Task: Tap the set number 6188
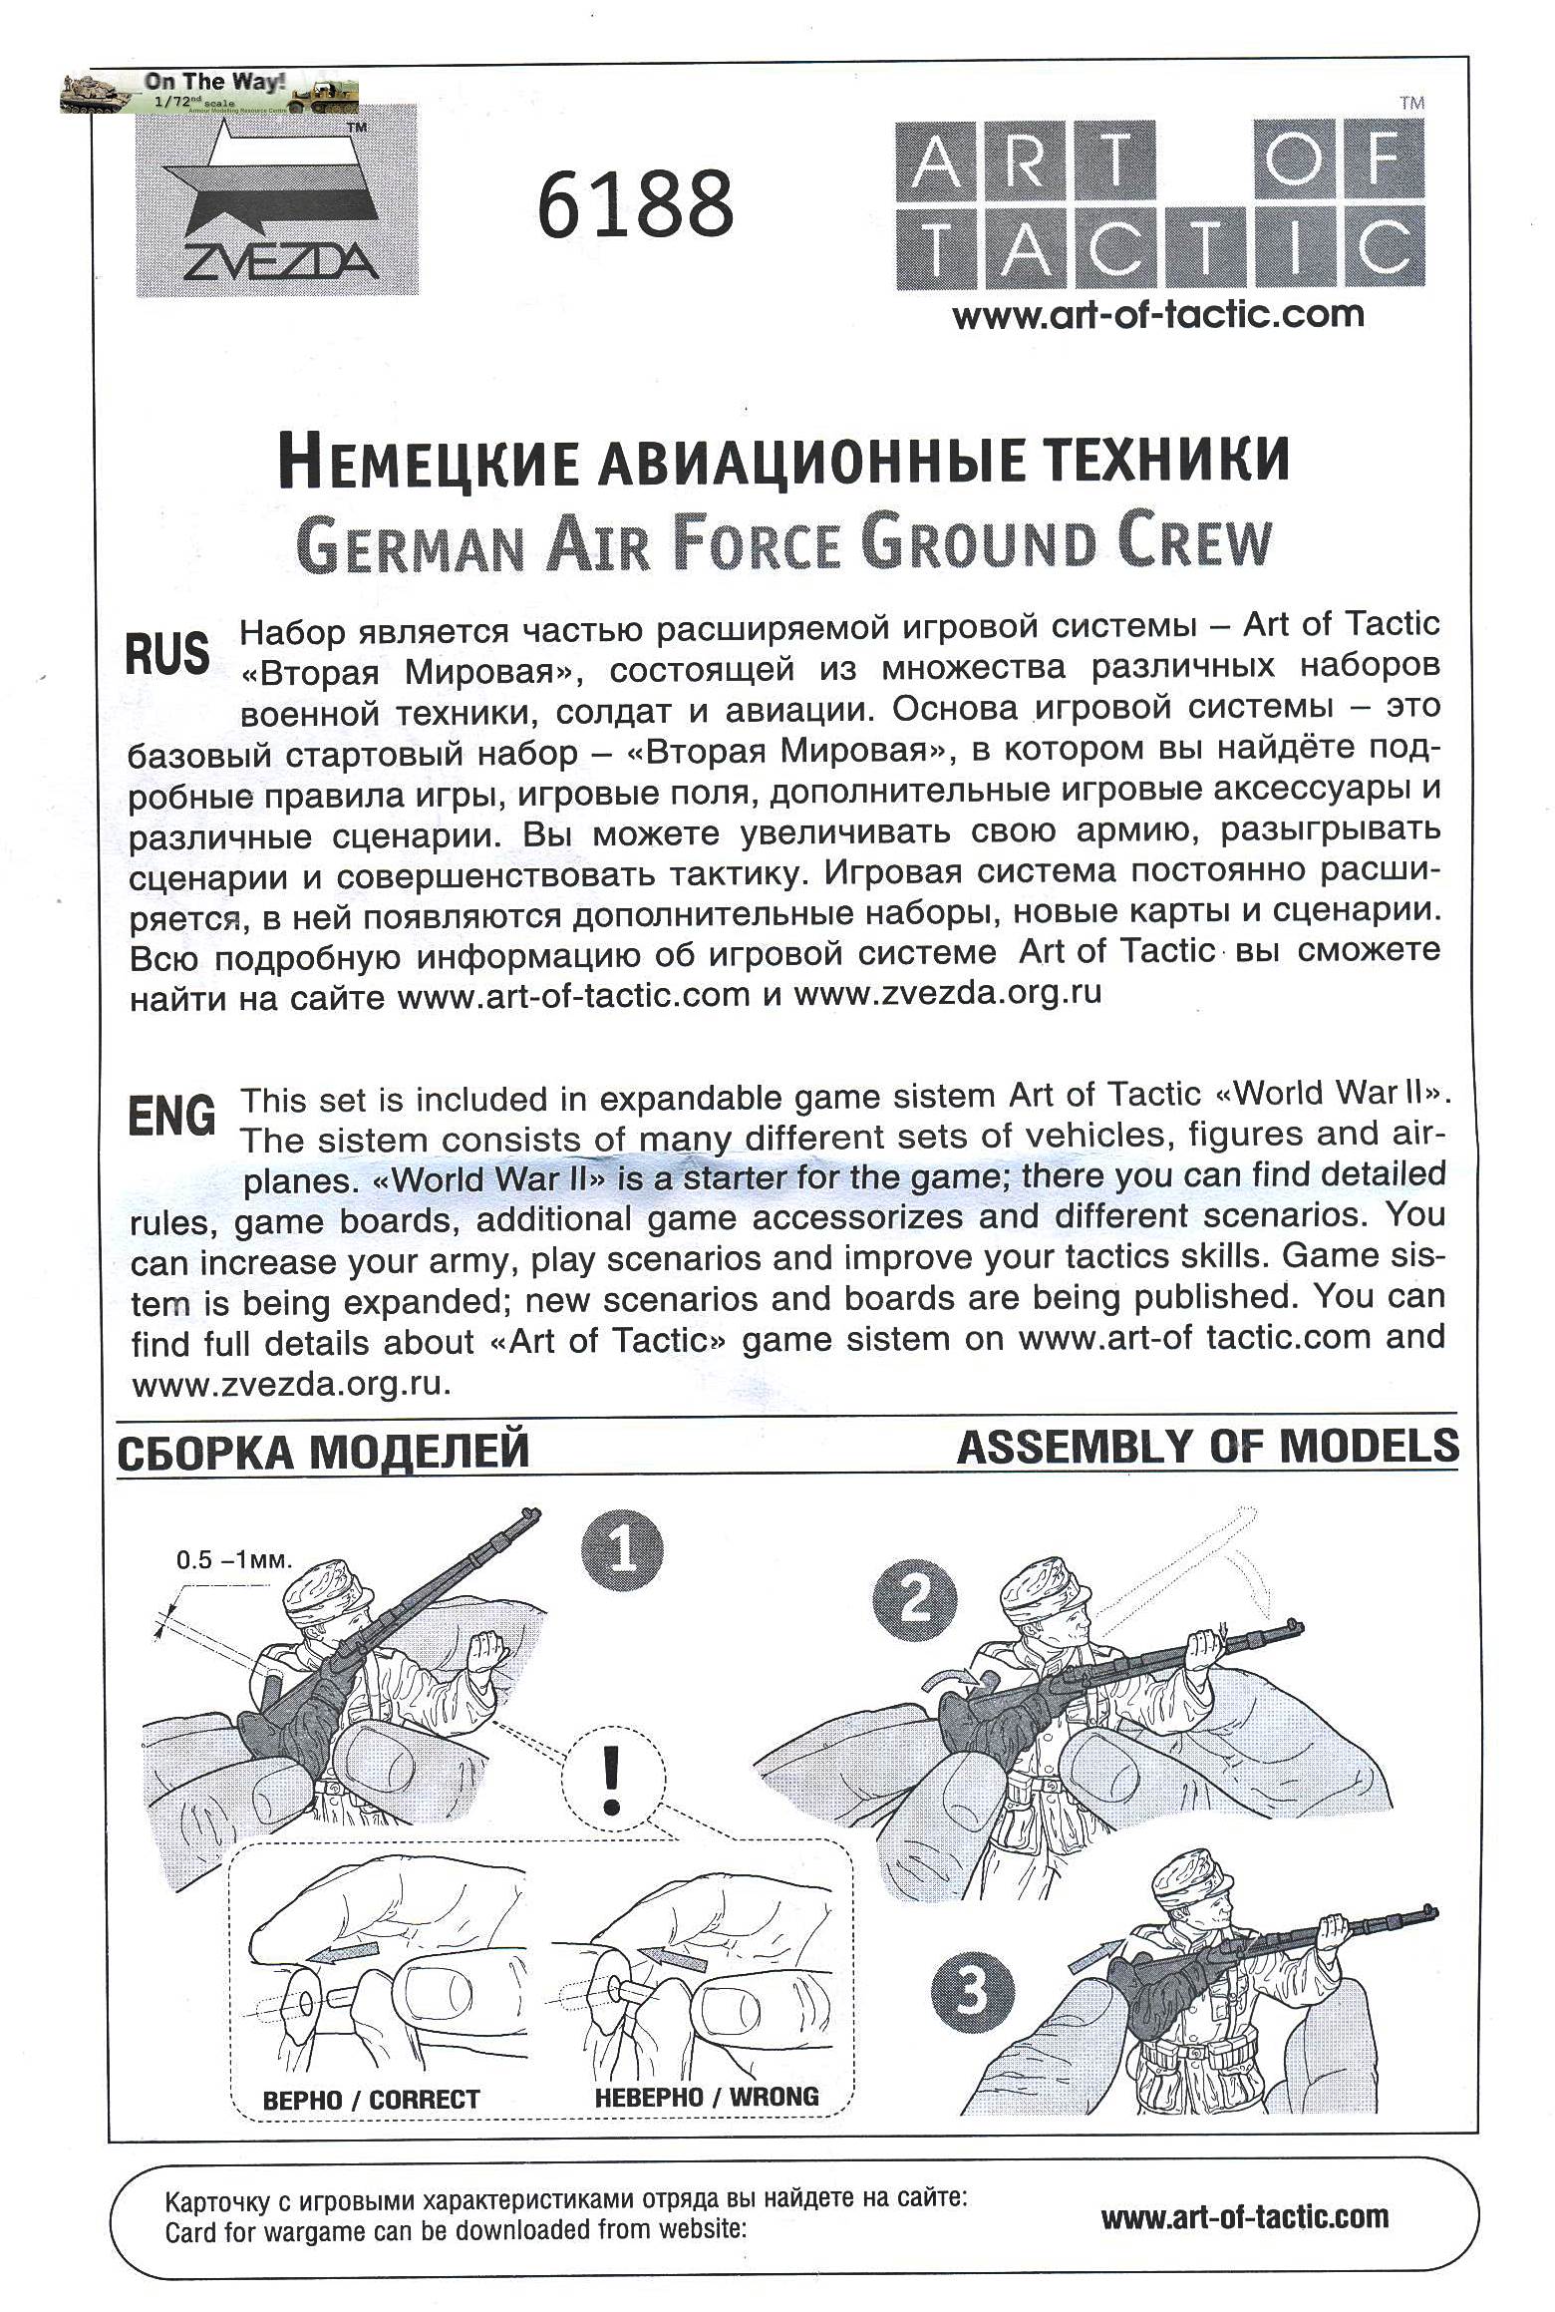point(635,204)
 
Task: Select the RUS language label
point(167,654)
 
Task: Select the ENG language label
point(171,1115)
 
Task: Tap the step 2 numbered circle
point(914,1600)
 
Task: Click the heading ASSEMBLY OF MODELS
point(1206,1447)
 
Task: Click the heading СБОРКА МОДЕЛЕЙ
point(323,1452)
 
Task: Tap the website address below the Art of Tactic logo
point(1157,316)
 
